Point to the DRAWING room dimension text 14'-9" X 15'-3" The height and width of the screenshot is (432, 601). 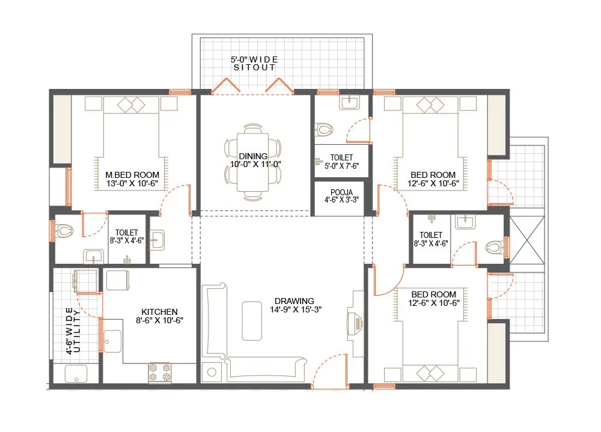tap(294, 310)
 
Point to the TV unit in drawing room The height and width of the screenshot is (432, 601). tap(354, 324)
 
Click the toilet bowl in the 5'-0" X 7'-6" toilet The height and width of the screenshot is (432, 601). tap(324, 129)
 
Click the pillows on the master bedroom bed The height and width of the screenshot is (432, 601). tap(132, 105)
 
